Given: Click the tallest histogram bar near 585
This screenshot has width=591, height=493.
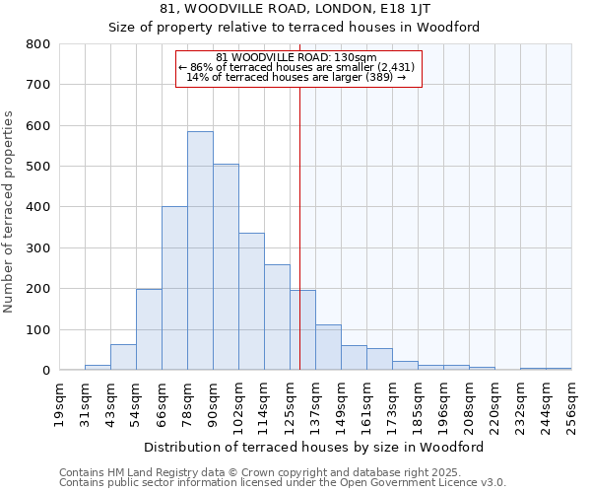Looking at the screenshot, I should coord(200,250).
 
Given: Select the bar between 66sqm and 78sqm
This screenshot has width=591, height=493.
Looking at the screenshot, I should coord(174,288).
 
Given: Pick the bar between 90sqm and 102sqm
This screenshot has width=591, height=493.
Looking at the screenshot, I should coord(226,266).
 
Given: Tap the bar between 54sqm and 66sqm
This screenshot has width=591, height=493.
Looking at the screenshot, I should coord(149,329).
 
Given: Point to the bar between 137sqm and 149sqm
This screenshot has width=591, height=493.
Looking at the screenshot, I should coord(328,347).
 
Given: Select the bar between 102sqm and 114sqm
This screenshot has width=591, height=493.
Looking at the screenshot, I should coord(251,301).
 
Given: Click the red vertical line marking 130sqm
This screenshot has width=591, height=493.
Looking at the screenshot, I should coord(299,227).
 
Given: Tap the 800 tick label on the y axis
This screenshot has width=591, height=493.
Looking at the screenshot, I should coord(38,44).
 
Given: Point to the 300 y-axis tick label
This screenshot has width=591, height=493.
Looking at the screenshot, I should coord(38,248).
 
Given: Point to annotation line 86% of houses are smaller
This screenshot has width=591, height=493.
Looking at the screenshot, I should coord(296,67).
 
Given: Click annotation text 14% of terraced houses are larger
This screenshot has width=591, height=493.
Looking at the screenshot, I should coord(296,77).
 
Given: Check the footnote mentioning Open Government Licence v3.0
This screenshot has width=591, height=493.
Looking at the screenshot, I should coord(283,483).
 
